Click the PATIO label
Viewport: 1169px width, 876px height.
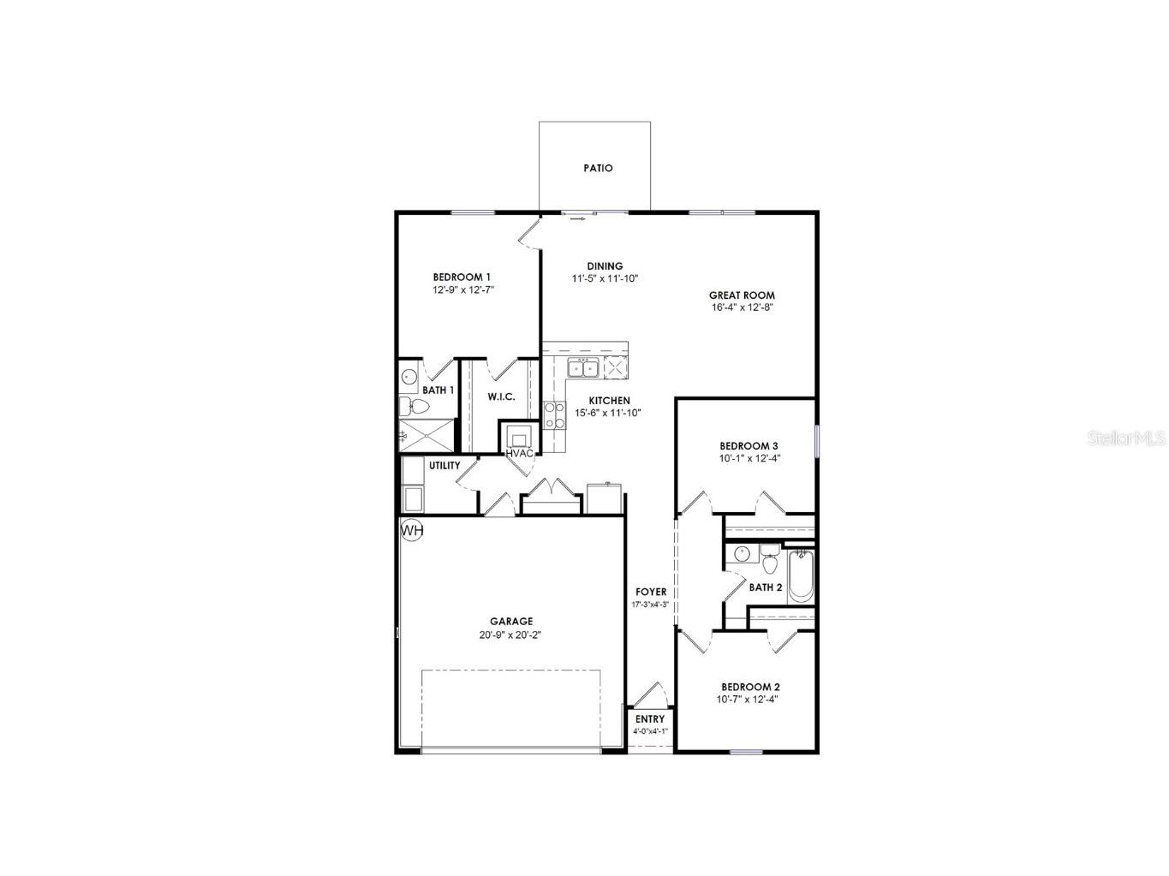[598, 168]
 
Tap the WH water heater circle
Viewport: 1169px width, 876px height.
[412, 531]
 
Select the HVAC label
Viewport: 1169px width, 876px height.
[520, 453]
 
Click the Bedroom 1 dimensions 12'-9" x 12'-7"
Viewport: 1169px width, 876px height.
[463, 289]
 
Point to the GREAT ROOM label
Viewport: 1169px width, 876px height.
[742, 295]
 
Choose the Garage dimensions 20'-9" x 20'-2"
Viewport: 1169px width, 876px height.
[511, 635]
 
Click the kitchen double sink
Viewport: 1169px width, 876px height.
[583, 369]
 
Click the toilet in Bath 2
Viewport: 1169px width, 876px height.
[769, 563]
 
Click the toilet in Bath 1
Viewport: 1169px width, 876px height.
[412, 406]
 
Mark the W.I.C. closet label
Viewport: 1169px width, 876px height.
[501, 396]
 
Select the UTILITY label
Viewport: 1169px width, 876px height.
[444, 466]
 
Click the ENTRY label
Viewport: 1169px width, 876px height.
[650, 719]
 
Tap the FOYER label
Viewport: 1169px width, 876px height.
[651, 592]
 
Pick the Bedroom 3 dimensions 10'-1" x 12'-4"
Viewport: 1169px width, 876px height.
[749, 458]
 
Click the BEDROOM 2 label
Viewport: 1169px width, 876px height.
[750, 687]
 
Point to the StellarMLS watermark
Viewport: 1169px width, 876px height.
[1126, 438]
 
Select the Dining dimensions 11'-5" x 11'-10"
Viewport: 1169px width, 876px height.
[605, 278]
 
